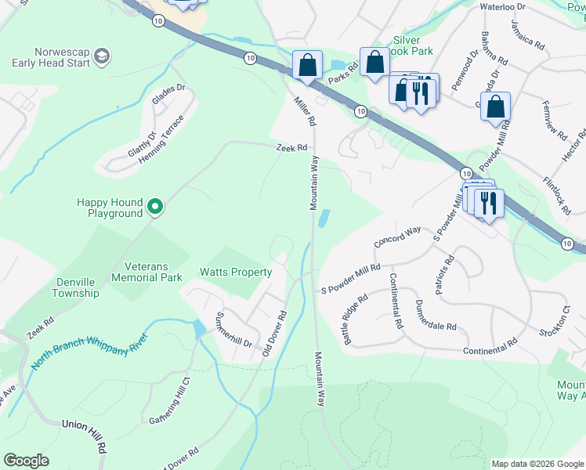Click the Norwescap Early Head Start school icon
click(102, 56)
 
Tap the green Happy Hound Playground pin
click(155, 207)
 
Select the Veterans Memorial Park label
click(146, 271)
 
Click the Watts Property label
click(236, 273)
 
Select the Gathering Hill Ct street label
click(171, 400)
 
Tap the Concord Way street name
click(397, 238)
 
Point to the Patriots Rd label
click(449, 269)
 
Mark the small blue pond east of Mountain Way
click(324, 219)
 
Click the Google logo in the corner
click(27, 461)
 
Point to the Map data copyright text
click(537, 464)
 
